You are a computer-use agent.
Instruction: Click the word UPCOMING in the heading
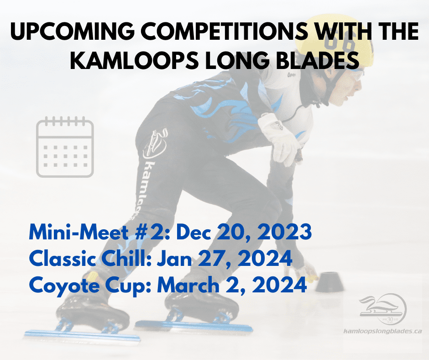coord(73,31)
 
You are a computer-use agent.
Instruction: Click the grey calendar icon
coord(65,147)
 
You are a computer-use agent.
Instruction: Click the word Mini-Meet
coord(79,232)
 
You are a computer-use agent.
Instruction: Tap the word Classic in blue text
coord(63,258)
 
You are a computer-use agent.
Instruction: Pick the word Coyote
coord(64,286)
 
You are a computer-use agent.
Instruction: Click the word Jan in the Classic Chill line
coord(174,258)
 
